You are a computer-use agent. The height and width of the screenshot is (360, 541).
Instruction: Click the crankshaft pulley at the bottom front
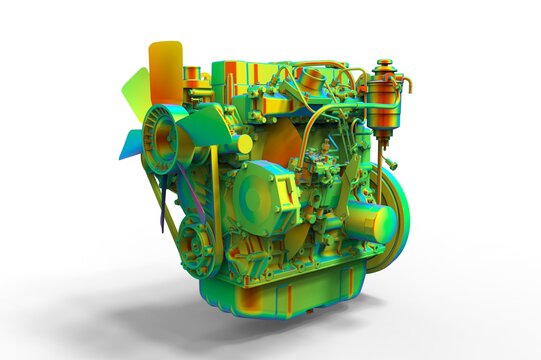pos(199,244)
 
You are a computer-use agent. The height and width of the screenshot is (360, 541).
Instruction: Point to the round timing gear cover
pos(259,196)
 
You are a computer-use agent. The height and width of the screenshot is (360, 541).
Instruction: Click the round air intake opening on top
pos(313,79)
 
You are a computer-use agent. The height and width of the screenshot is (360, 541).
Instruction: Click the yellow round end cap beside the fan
pos(244,144)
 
